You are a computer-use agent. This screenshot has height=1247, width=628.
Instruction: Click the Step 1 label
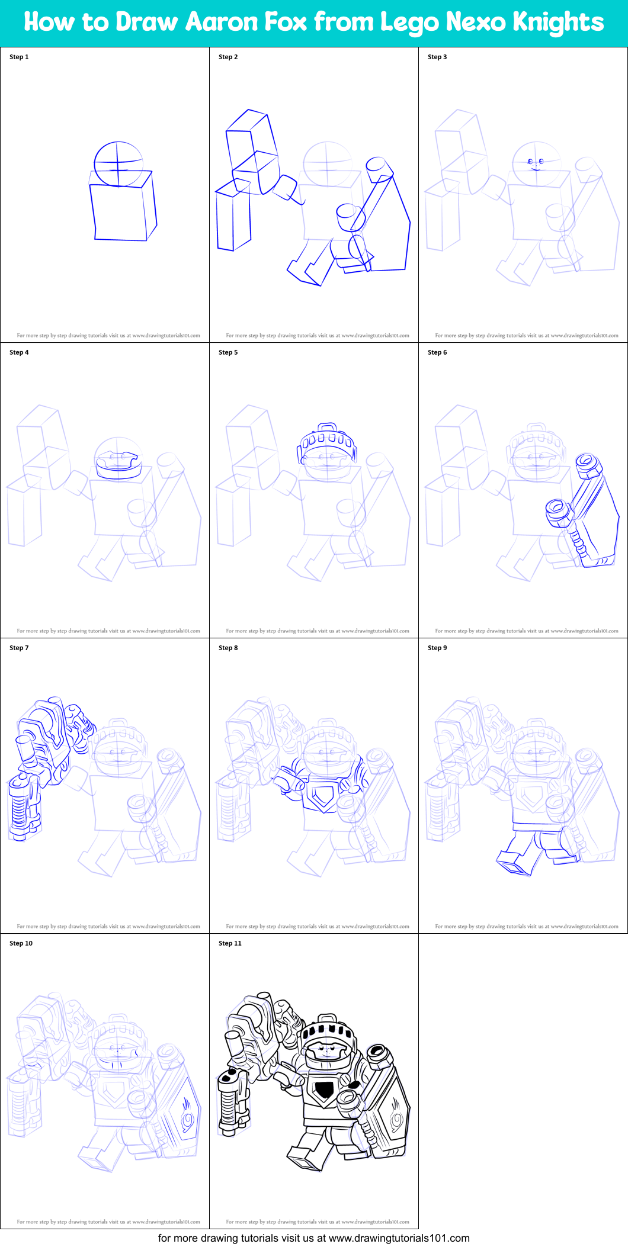click(19, 57)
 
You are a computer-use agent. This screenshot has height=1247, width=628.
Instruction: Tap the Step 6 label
click(437, 352)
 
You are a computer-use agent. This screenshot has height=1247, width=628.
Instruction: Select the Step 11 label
click(230, 943)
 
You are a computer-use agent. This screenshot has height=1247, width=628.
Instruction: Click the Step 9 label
click(437, 648)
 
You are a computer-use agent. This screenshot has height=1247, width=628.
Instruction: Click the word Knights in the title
click(557, 22)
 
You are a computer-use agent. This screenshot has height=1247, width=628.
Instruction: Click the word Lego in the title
click(408, 22)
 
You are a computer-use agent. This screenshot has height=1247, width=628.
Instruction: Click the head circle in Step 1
click(118, 163)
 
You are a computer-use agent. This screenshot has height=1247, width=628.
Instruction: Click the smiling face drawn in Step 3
click(536, 163)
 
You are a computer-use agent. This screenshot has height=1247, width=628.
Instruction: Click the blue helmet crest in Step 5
click(328, 438)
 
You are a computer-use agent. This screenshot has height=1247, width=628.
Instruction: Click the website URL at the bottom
click(399, 1238)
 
